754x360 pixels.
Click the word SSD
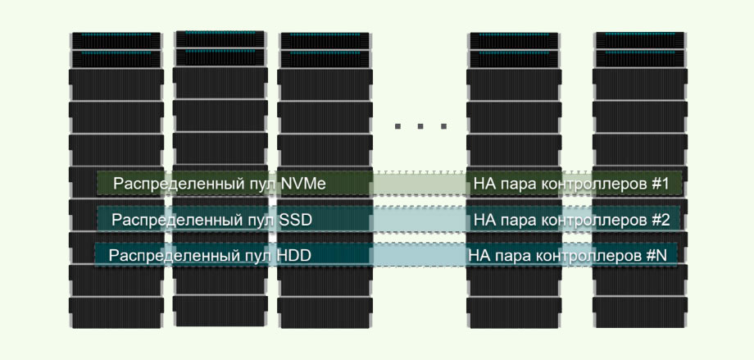297,221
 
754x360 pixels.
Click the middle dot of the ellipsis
421,126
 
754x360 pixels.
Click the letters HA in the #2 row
484,221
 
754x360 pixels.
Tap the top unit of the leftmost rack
116,40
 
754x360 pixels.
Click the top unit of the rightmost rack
639,40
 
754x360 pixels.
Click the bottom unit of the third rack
324,312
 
